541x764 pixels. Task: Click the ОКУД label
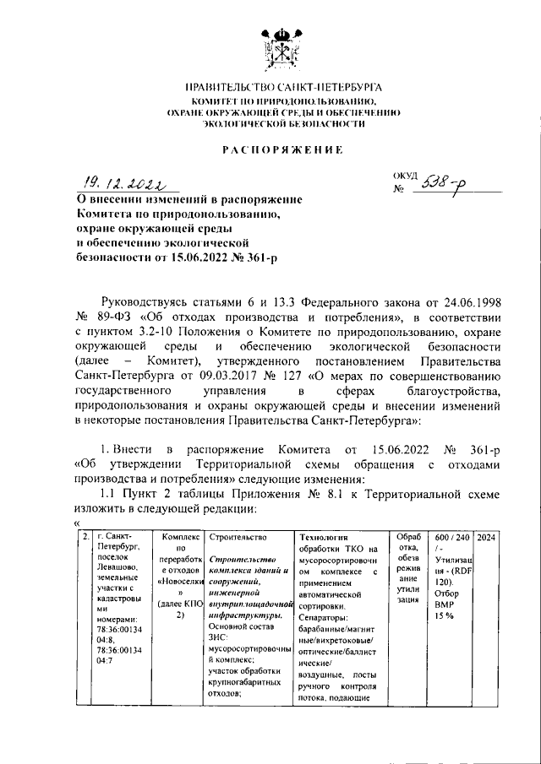click(405, 175)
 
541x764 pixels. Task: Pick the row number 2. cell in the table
click(85, 538)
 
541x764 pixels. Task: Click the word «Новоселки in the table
click(179, 581)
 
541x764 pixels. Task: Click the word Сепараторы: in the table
click(323, 616)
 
